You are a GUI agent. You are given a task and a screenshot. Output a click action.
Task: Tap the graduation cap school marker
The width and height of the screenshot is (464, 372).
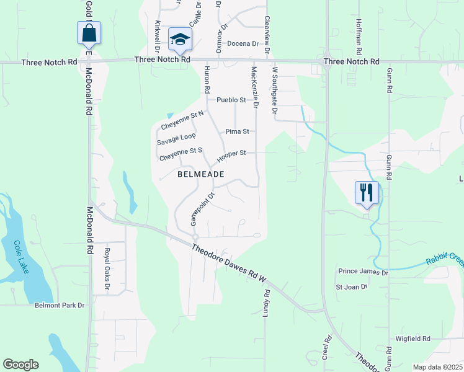(181, 39)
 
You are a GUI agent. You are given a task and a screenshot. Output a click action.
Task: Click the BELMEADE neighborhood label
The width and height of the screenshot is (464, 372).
(200, 174)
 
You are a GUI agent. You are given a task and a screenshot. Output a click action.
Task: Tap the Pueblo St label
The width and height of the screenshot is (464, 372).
(231, 100)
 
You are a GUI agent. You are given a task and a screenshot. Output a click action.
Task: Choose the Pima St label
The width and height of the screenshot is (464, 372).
(237, 131)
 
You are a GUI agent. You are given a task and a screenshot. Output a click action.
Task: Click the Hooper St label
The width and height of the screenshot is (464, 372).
(231, 153)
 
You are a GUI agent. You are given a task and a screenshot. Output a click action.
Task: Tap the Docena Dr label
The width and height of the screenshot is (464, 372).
(243, 43)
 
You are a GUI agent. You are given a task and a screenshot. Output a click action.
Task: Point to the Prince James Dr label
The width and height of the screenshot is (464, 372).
(363, 272)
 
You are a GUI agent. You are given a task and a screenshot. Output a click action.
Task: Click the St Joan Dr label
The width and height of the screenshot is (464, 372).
(352, 287)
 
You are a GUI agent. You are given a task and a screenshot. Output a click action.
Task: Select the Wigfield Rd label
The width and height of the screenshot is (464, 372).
(413, 339)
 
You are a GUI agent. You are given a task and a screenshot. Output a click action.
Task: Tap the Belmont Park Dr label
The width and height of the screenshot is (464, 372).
(59, 305)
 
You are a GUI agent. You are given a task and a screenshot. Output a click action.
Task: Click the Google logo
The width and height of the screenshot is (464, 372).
(20, 365)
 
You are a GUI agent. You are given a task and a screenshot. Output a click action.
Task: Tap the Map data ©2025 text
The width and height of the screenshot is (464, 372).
(437, 367)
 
